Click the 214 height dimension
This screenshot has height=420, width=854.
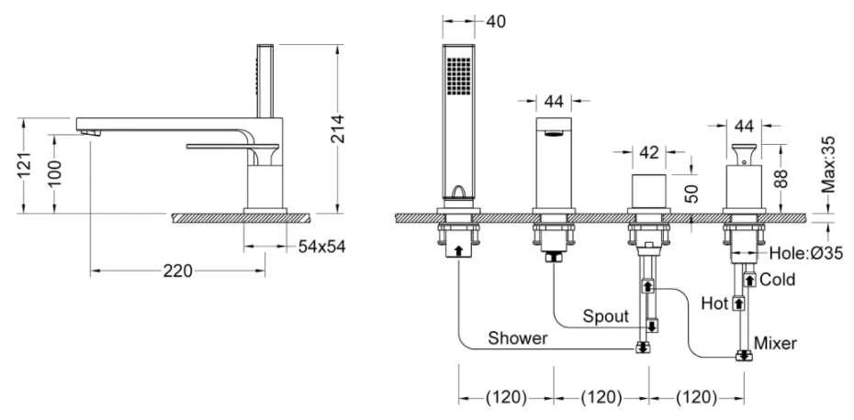click(x=338, y=128)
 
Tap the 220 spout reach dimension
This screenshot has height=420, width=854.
click(x=178, y=271)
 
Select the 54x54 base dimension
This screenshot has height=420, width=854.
click(x=322, y=247)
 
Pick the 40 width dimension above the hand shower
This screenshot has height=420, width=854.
click(x=495, y=21)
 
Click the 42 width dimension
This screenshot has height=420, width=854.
click(x=648, y=152)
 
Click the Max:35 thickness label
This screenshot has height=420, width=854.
click(x=828, y=165)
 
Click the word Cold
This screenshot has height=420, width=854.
click(x=777, y=280)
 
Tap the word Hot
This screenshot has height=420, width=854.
click(x=714, y=303)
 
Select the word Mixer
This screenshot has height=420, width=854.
click(x=775, y=343)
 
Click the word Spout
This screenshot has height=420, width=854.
click(x=606, y=316)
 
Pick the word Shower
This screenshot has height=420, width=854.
click(x=517, y=337)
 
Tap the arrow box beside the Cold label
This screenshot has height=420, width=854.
click(x=750, y=281)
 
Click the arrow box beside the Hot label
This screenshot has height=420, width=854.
click(x=738, y=303)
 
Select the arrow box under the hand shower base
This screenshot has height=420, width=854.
click(x=458, y=250)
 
